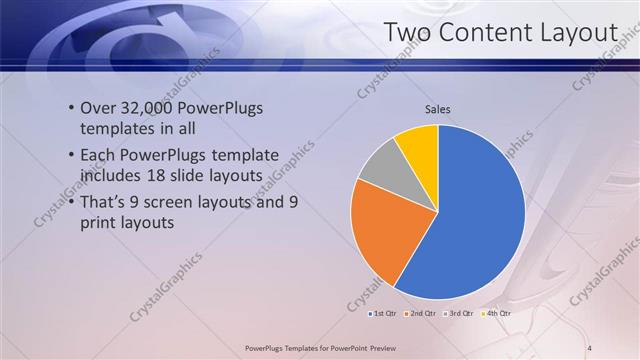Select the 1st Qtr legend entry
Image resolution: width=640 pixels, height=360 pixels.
[x=381, y=313]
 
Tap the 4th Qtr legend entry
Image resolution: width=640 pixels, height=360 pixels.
[x=496, y=313]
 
